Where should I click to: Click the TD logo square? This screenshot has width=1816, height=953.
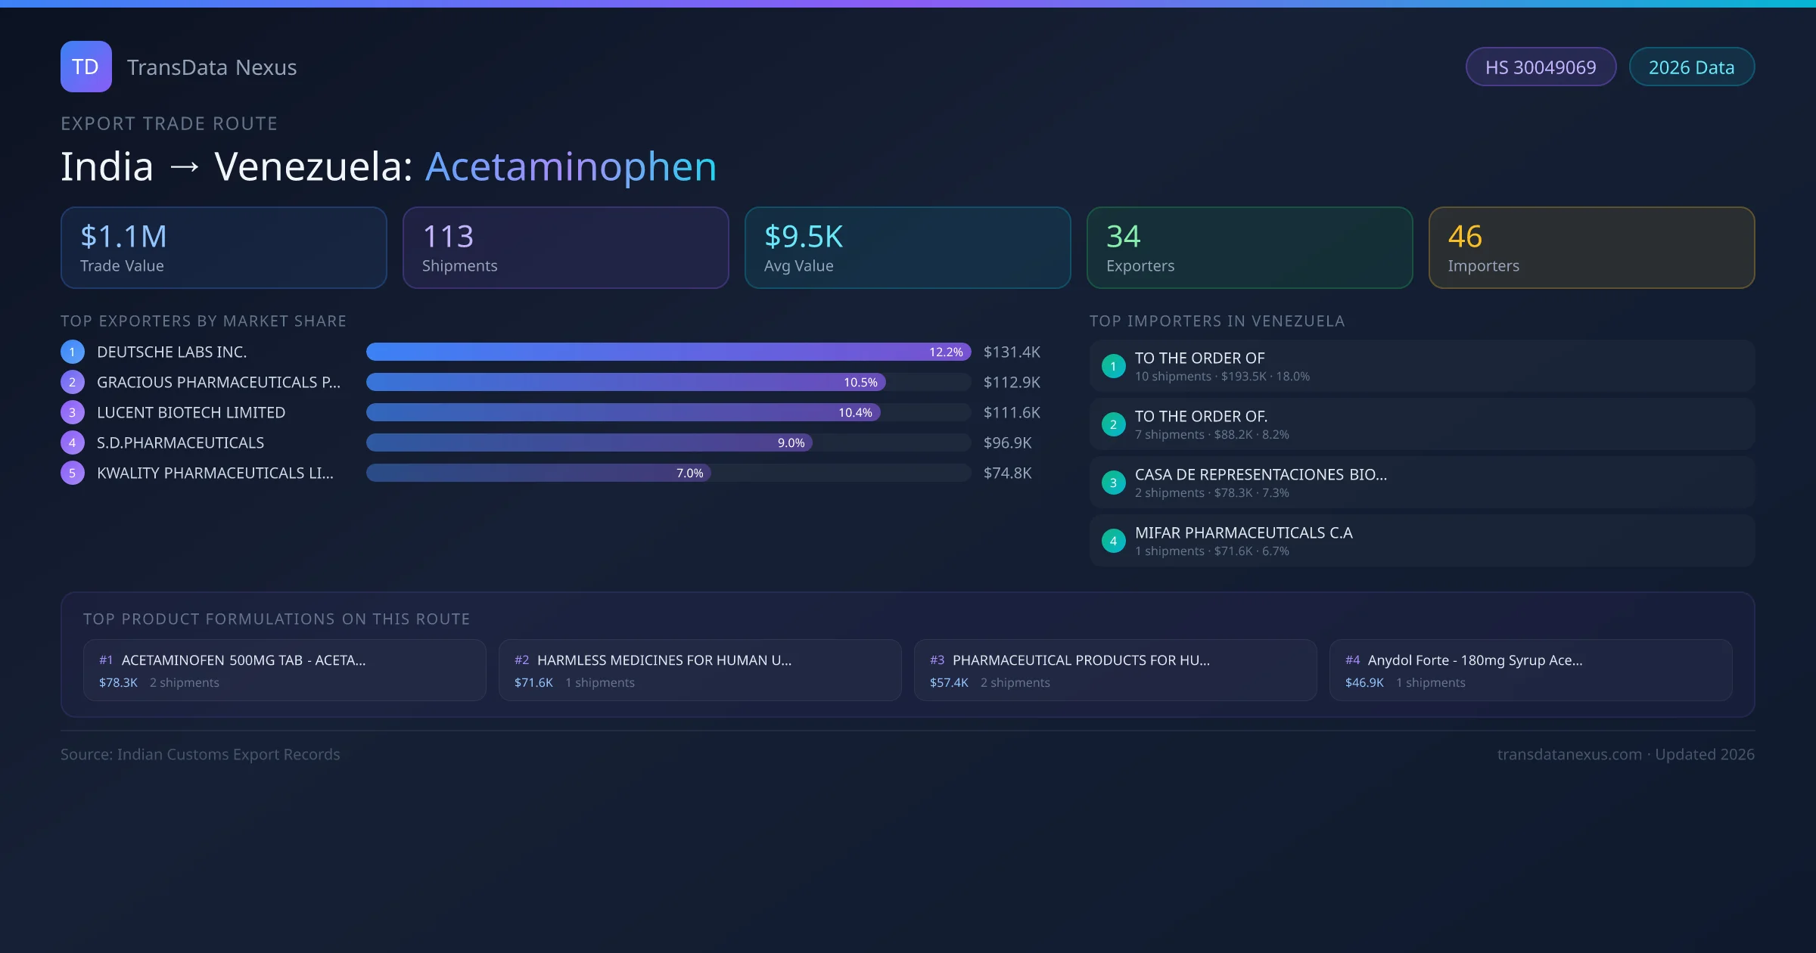(x=86, y=67)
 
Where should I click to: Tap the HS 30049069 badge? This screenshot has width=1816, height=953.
(x=1540, y=67)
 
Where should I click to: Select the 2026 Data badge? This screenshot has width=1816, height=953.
(x=1691, y=67)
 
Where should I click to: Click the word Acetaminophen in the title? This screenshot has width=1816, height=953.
(x=571, y=166)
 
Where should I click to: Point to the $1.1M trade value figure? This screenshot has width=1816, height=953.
(x=123, y=237)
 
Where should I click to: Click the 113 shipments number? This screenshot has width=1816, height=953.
(x=448, y=237)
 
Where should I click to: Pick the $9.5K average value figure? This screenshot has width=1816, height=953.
(x=803, y=237)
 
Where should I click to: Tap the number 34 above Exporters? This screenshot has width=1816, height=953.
(x=1123, y=237)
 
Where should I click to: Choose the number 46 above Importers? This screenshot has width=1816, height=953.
(x=1465, y=237)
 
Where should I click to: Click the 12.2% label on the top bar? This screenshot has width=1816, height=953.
(x=946, y=352)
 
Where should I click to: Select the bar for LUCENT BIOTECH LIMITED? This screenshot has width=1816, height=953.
(x=622, y=412)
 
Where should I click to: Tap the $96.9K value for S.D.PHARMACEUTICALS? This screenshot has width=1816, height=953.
(x=1007, y=443)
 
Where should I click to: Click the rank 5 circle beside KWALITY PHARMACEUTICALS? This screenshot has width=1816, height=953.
(x=73, y=473)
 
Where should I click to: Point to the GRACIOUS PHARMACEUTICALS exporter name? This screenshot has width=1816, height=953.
(x=218, y=383)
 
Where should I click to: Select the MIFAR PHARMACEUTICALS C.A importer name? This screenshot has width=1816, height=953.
(x=1243, y=533)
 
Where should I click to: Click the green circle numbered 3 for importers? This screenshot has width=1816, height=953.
(x=1113, y=483)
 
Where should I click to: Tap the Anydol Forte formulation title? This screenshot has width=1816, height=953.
(x=1474, y=660)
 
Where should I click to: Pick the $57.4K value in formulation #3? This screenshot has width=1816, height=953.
(x=949, y=683)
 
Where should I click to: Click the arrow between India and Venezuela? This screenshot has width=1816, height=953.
(x=185, y=167)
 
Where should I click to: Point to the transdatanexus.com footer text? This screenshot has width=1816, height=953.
(x=1569, y=755)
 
